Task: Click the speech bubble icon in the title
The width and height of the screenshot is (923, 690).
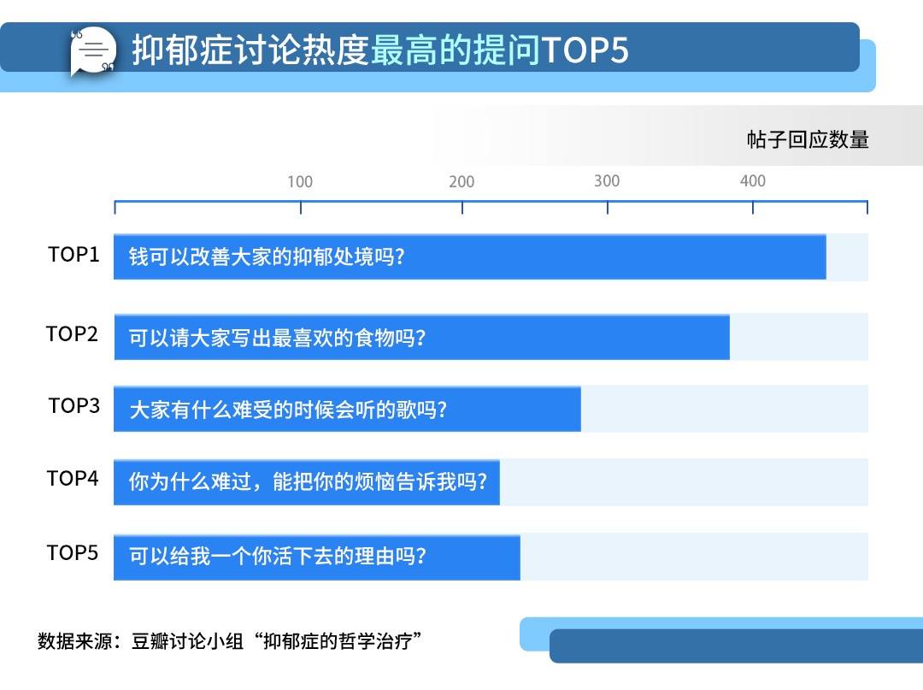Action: (x=92, y=50)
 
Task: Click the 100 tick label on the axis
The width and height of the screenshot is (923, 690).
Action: (x=300, y=181)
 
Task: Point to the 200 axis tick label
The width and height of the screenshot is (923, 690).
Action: (x=461, y=181)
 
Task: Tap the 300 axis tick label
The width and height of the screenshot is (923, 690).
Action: (x=607, y=180)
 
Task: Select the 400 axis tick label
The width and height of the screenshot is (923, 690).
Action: (x=753, y=180)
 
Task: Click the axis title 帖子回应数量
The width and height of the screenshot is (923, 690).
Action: (x=808, y=139)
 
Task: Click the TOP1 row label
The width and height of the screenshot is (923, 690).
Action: (x=73, y=254)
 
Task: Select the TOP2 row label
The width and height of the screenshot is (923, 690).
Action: (x=72, y=333)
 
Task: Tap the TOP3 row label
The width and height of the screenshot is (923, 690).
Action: (x=74, y=405)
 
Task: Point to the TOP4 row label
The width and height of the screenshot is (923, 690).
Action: (x=73, y=478)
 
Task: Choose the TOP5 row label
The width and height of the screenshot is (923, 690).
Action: (x=73, y=553)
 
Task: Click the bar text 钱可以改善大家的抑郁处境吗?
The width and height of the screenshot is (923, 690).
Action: (x=267, y=257)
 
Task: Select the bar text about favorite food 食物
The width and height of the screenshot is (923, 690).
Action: (x=277, y=338)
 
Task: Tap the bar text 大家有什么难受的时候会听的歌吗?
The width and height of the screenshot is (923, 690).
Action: (x=288, y=410)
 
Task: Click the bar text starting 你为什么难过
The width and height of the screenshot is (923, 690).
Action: (x=308, y=481)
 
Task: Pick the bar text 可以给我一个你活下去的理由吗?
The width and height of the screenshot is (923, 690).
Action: (x=277, y=556)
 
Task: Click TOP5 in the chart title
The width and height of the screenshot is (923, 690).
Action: (x=585, y=50)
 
